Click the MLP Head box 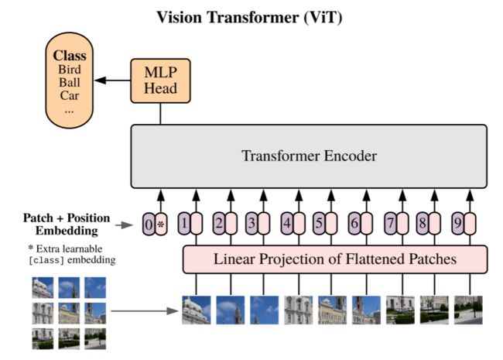click(160, 81)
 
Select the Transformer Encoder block click(309, 156)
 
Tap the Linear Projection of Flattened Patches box click(335, 259)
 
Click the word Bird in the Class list click(70, 70)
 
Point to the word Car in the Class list click(70, 95)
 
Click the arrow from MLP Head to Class click(112, 81)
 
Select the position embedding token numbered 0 click(149, 224)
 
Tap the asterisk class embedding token click(161, 224)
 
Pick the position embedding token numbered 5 click(319, 223)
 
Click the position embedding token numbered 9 click(458, 223)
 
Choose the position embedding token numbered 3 click(251, 223)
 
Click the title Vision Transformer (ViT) click(249, 17)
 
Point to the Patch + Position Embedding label click(67, 225)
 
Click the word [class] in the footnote click(46, 260)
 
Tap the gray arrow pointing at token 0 click(124, 225)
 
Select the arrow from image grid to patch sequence click(145, 310)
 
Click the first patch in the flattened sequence click(197, 310)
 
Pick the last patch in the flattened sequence click(468, 310)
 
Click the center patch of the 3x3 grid click(69, 313)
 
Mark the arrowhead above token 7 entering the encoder click(402, 195)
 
